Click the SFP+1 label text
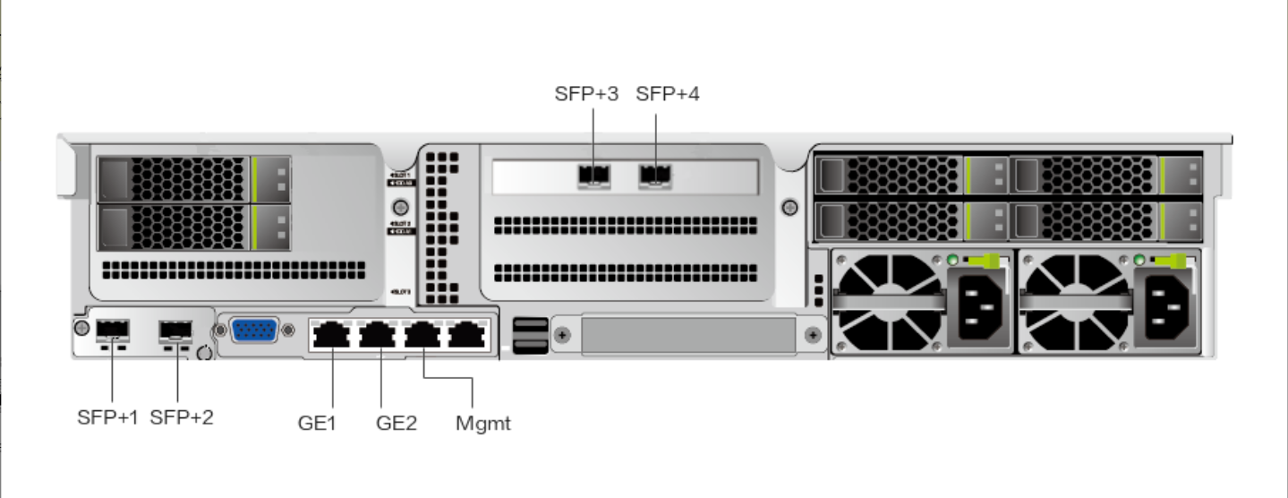108,416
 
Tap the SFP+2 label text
182,416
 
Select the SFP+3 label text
586,94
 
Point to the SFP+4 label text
668,94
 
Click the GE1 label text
317,423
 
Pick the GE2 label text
397,423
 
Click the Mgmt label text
483,423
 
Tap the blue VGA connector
254,331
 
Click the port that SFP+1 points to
113,331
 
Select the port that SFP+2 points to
175,331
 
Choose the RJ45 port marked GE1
332,336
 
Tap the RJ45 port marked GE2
377,336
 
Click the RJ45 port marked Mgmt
422,336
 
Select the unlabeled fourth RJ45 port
465,336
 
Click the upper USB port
526,325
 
